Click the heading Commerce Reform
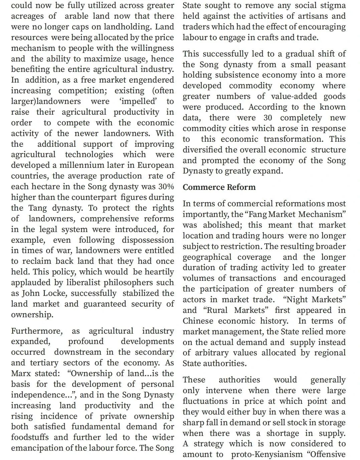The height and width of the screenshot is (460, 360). (x=219, y=187)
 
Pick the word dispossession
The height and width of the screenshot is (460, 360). (x=148, y=240)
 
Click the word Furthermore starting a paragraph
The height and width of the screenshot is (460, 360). (x=36, y=331)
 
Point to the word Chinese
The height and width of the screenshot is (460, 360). (x=198, y=321)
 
